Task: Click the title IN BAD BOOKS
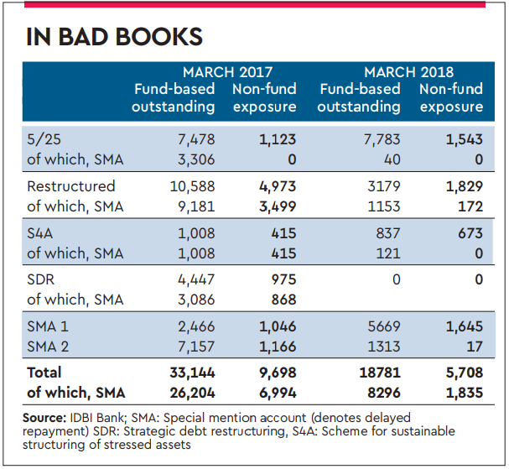point(114,37)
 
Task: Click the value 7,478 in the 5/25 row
point(197,139)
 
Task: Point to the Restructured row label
point(71,185)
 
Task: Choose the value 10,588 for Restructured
point(192,185)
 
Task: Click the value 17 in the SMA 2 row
point(475,347)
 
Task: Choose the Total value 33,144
point(192,372)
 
